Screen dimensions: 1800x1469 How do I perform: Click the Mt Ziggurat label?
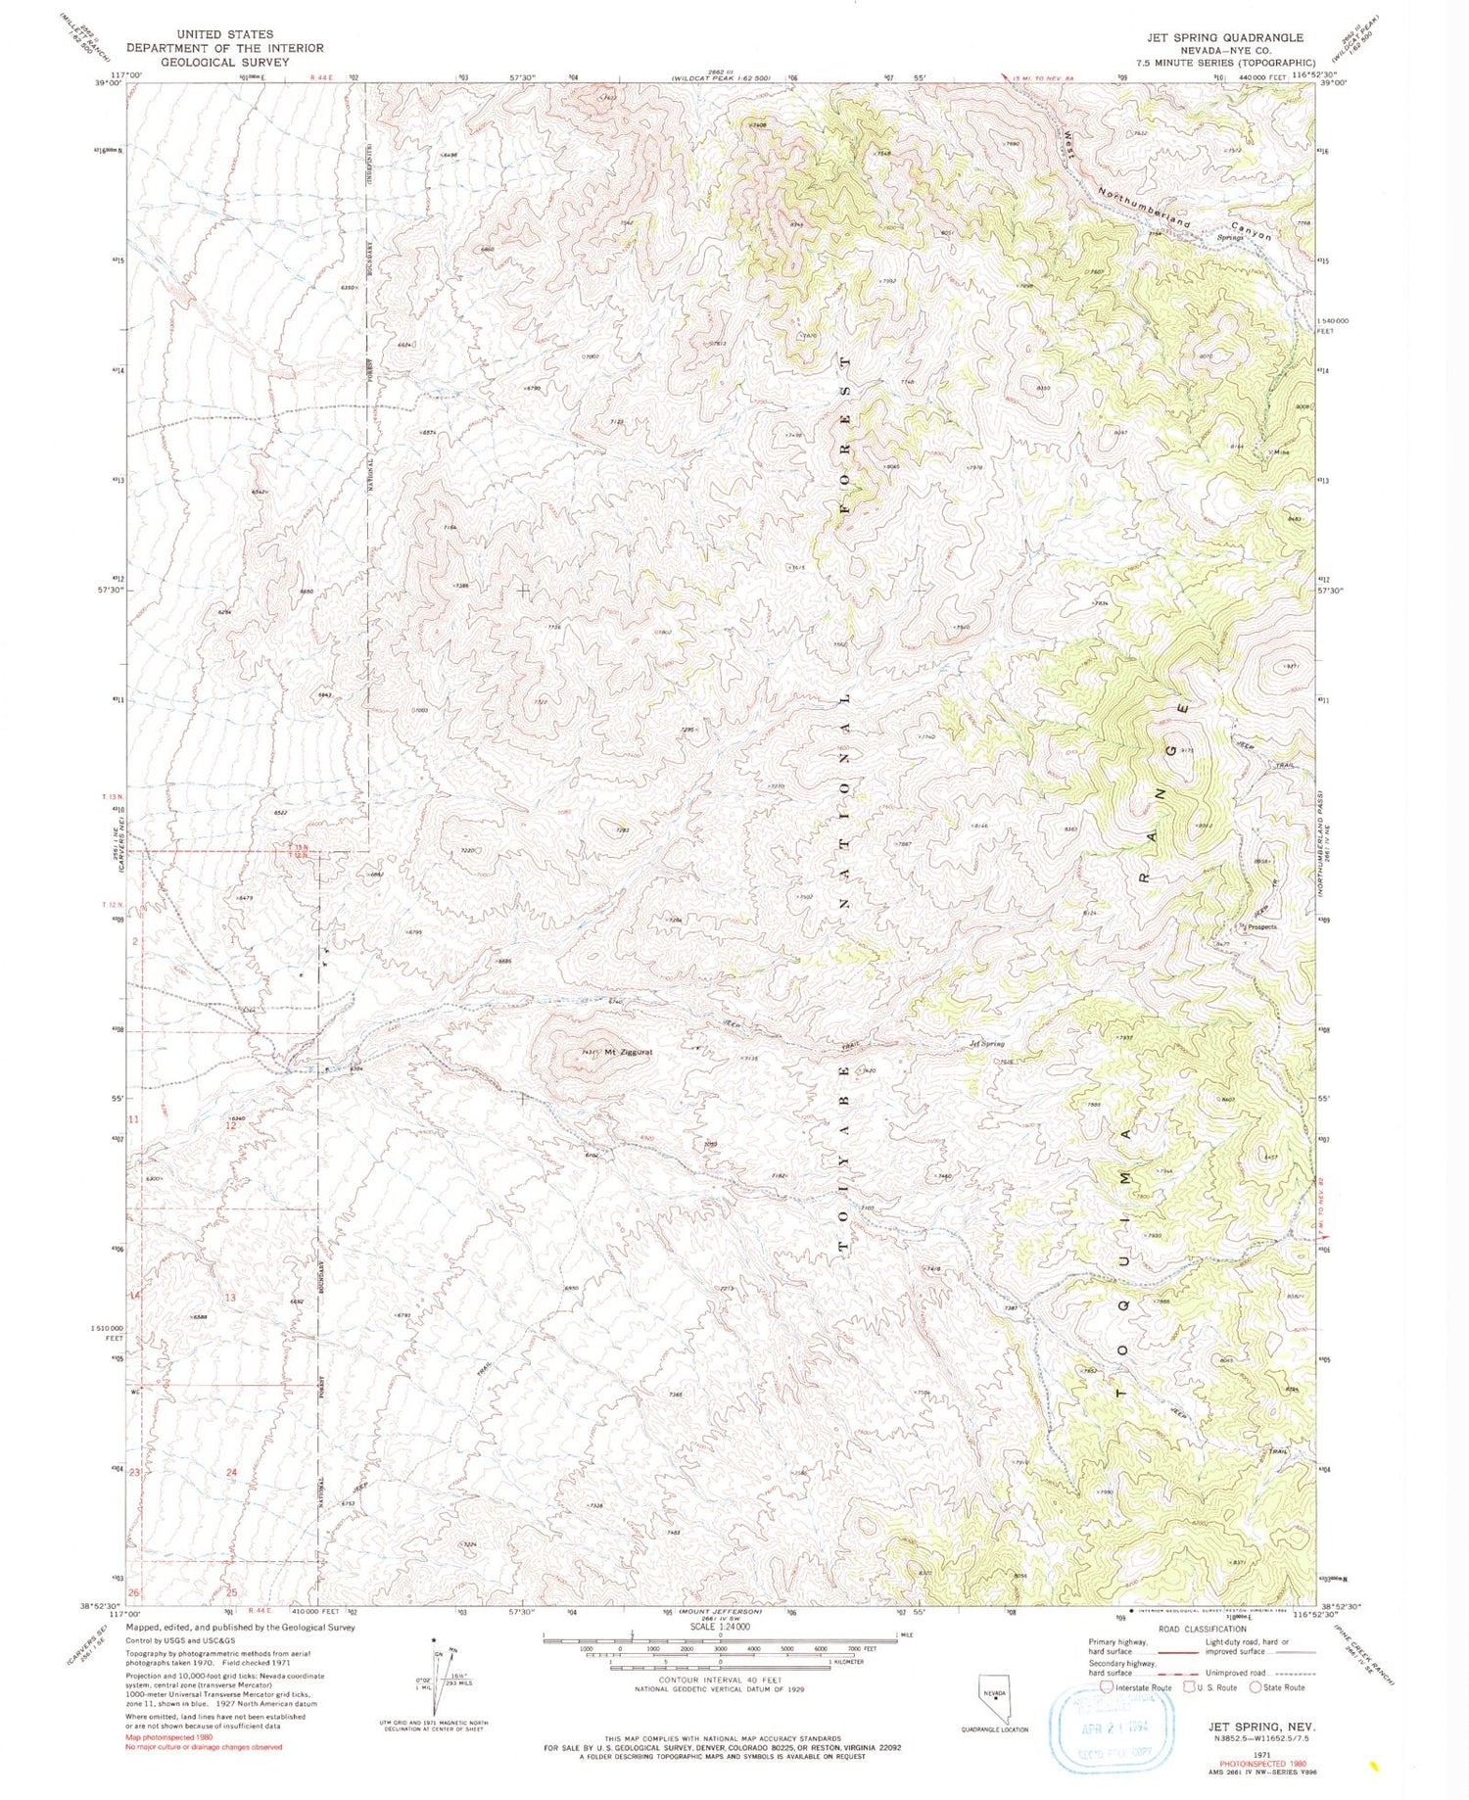628,1053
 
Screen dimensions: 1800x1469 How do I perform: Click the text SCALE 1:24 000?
719,1628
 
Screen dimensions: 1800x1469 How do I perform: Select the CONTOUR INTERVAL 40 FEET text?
720,1680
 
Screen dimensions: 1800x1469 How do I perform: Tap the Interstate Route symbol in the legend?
1108,1687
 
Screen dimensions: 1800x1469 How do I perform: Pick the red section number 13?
231,1298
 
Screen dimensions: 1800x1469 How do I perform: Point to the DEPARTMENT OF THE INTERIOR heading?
225,48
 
